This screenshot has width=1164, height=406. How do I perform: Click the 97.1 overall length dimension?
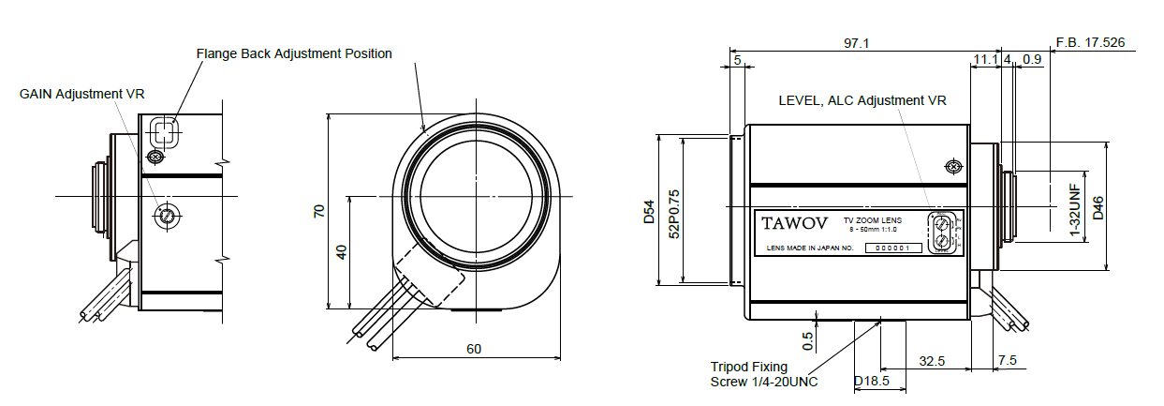click(857, 43)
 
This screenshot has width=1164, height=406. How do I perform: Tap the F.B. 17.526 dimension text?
click(1089, 43)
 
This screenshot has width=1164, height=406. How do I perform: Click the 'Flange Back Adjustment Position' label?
click(294, 53)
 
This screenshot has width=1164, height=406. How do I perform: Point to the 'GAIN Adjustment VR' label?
click(82, 94)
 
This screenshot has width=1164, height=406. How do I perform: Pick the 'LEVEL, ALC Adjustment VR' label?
click(862, 100)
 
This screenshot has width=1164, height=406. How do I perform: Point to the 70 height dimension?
click(318, 212)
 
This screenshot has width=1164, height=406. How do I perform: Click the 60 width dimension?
click(474, 349)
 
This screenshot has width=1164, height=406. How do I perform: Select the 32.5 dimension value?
click(931, 361)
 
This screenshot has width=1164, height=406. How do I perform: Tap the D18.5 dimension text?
click(871, 382)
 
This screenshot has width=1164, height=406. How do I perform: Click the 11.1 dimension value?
click(984, 59)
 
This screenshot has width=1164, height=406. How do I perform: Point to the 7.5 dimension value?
click(1008, 361)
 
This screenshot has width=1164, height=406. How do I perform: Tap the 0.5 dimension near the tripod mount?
click(807, 337)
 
